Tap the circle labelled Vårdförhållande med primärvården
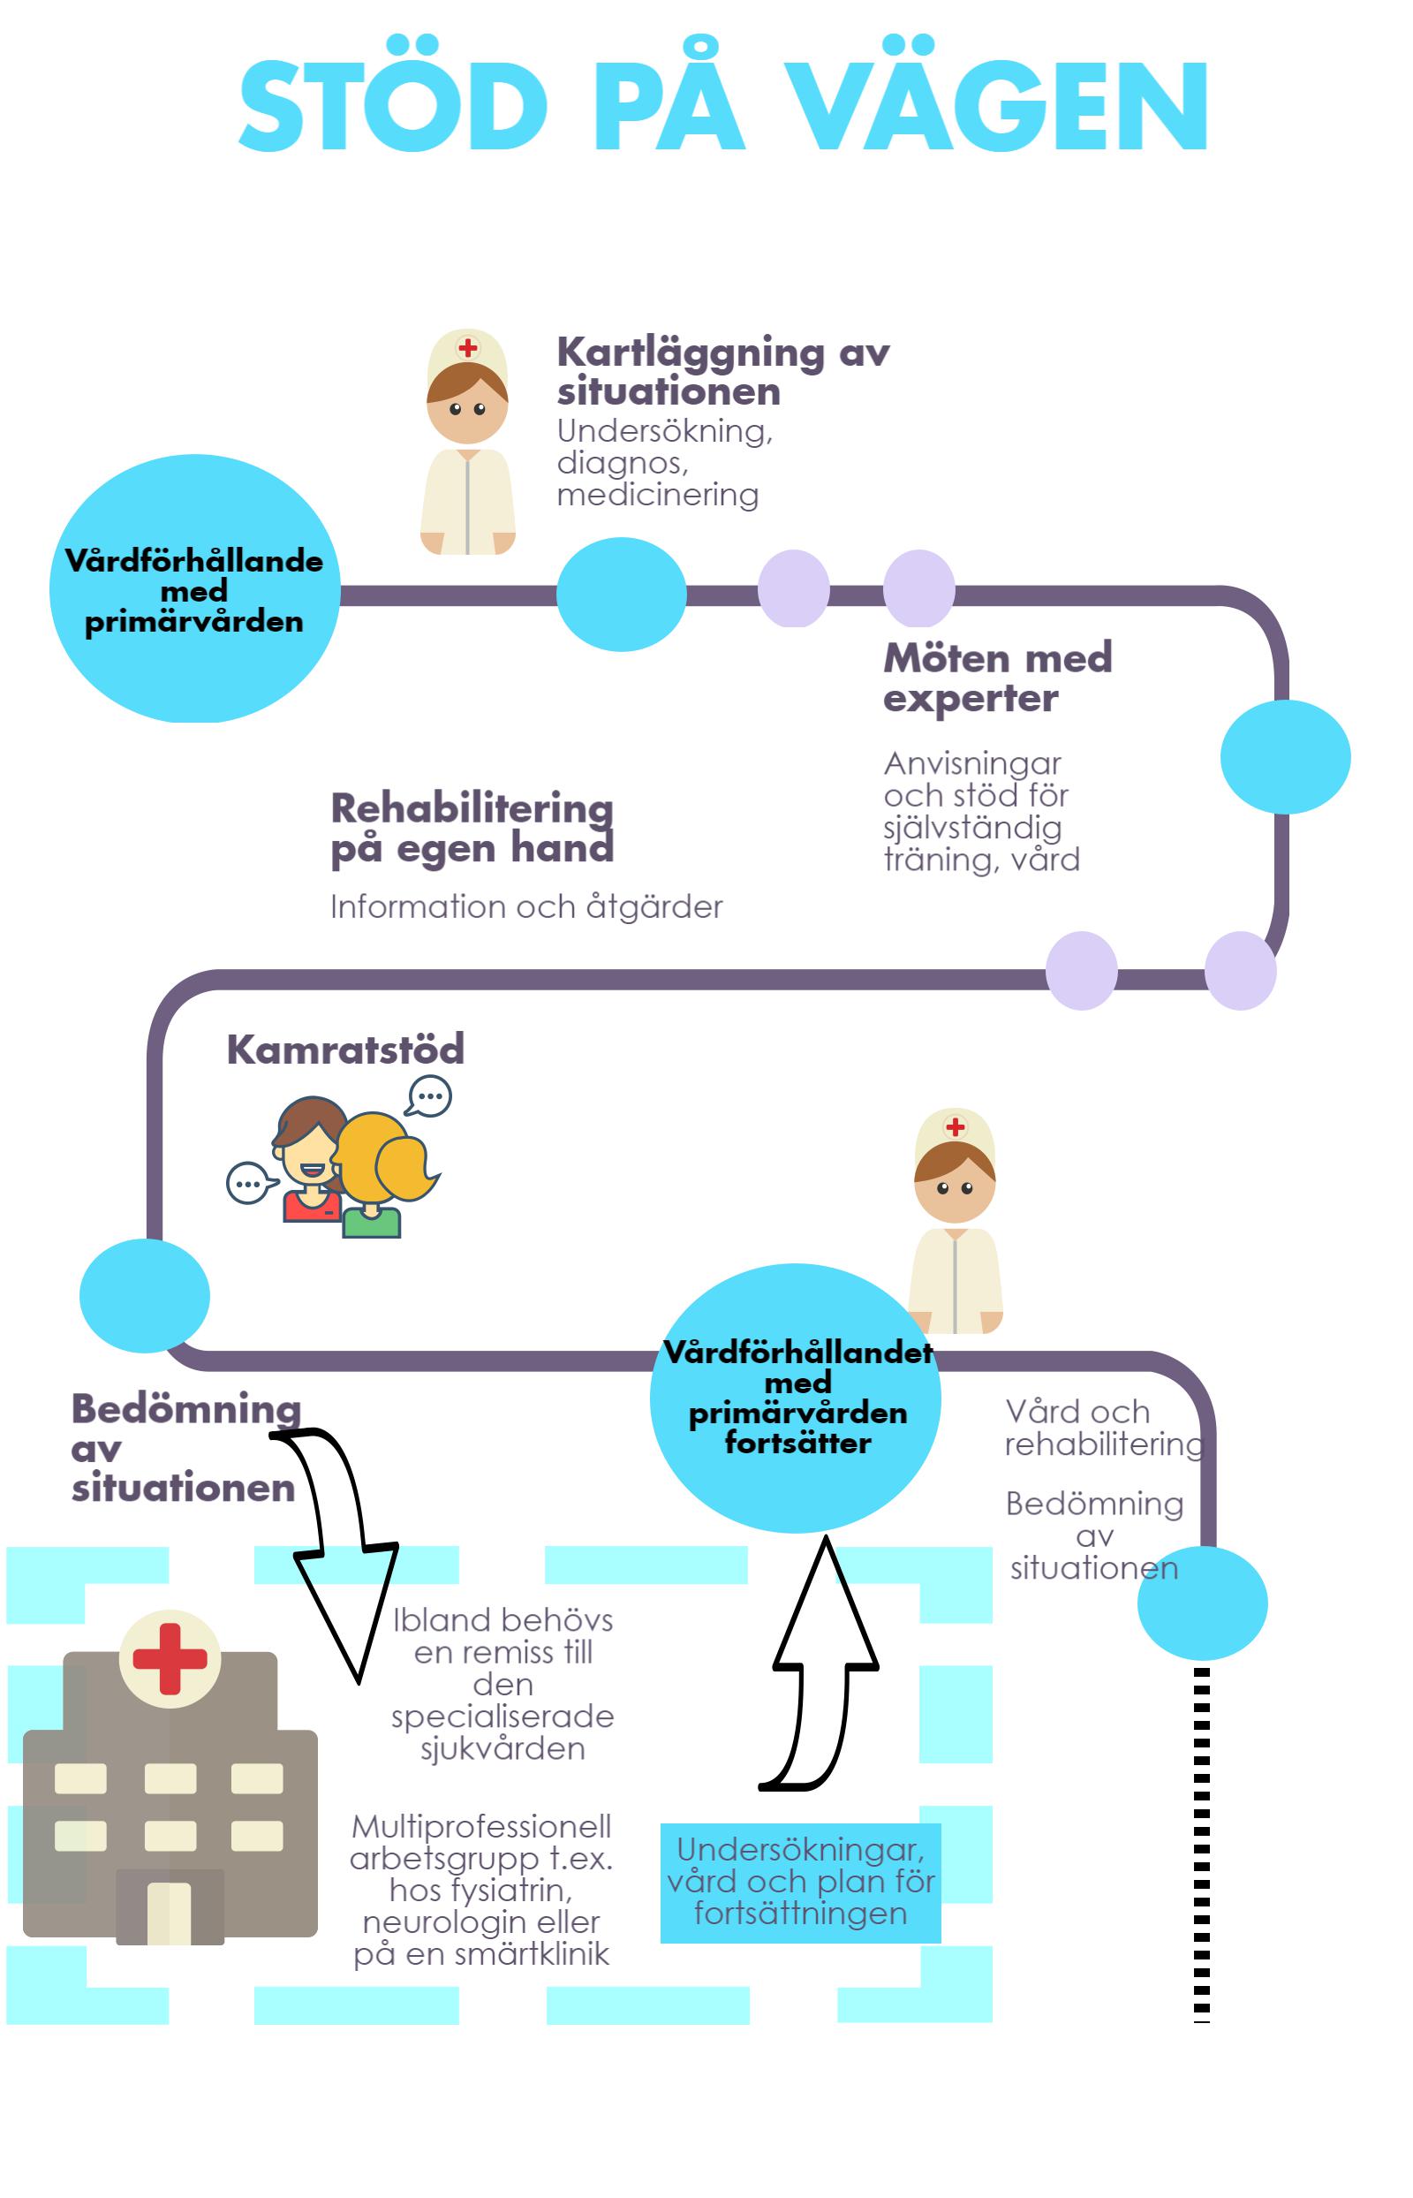194,589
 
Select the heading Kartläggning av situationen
722,371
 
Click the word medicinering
657,495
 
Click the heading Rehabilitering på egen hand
472,827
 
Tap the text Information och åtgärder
525,906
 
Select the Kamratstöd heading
345,1049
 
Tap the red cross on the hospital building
170,1658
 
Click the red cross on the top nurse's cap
468,348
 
